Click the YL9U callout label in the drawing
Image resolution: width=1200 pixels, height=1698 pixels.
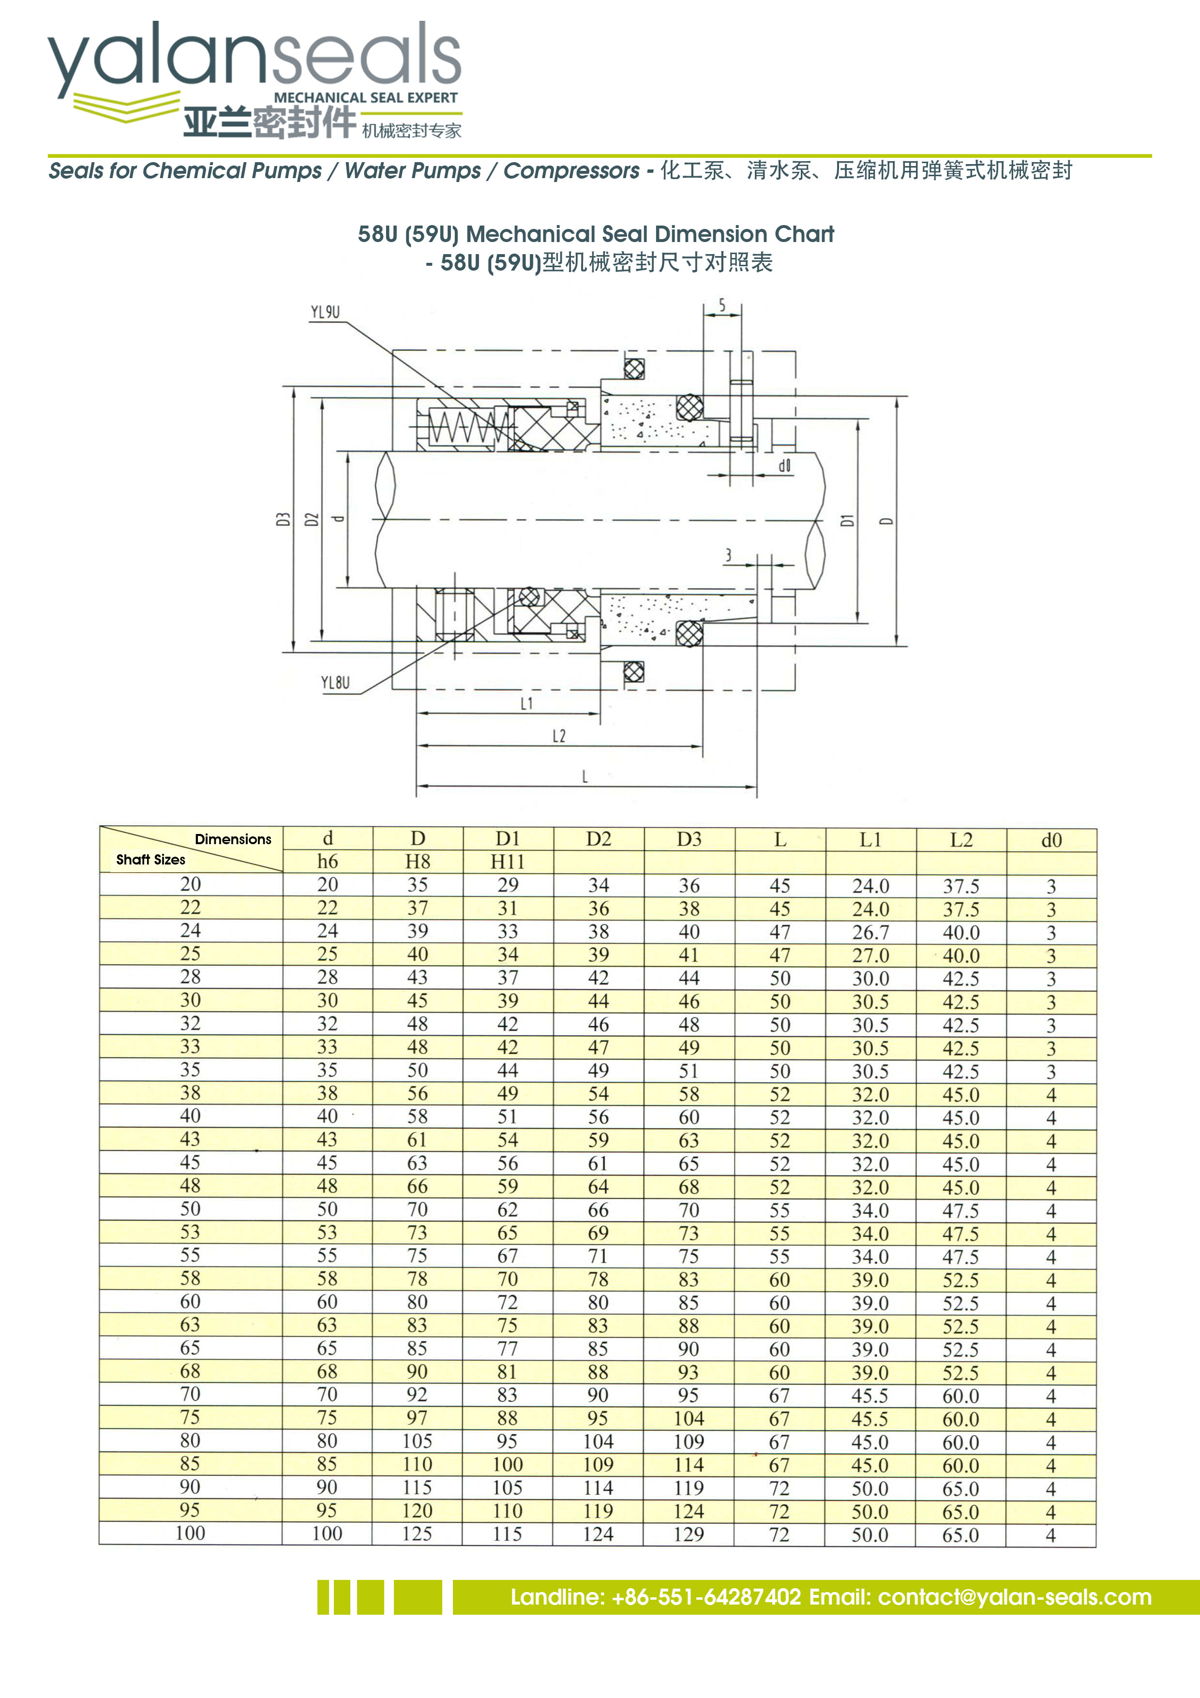click(x=325, y=312)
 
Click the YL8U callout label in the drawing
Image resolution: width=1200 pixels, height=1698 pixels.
click(x=335, y=682)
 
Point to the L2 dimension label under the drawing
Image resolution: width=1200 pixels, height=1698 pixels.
click(x=559, y=736)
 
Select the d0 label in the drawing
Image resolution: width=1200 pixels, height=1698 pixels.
click(x=784, y=465)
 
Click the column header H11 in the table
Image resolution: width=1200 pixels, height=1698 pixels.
click(x=507, y=862)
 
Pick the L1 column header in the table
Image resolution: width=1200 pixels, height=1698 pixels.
click(x=870, y=839)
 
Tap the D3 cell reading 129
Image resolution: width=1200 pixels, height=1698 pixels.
click(x=689, y=1534)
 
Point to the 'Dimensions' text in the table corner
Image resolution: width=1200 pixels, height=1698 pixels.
click(x=233, y=839)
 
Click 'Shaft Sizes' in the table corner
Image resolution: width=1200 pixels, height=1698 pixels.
click(x=151, y=859)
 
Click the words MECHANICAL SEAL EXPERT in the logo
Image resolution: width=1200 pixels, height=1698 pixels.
click(x=365, y=98)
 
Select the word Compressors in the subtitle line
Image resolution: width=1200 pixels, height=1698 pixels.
click(x=571, y=171)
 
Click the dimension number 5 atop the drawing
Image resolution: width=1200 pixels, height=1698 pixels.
click(x=722, y=304)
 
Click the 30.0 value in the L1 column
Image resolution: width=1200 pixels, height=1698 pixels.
click(x=870, y=978)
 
